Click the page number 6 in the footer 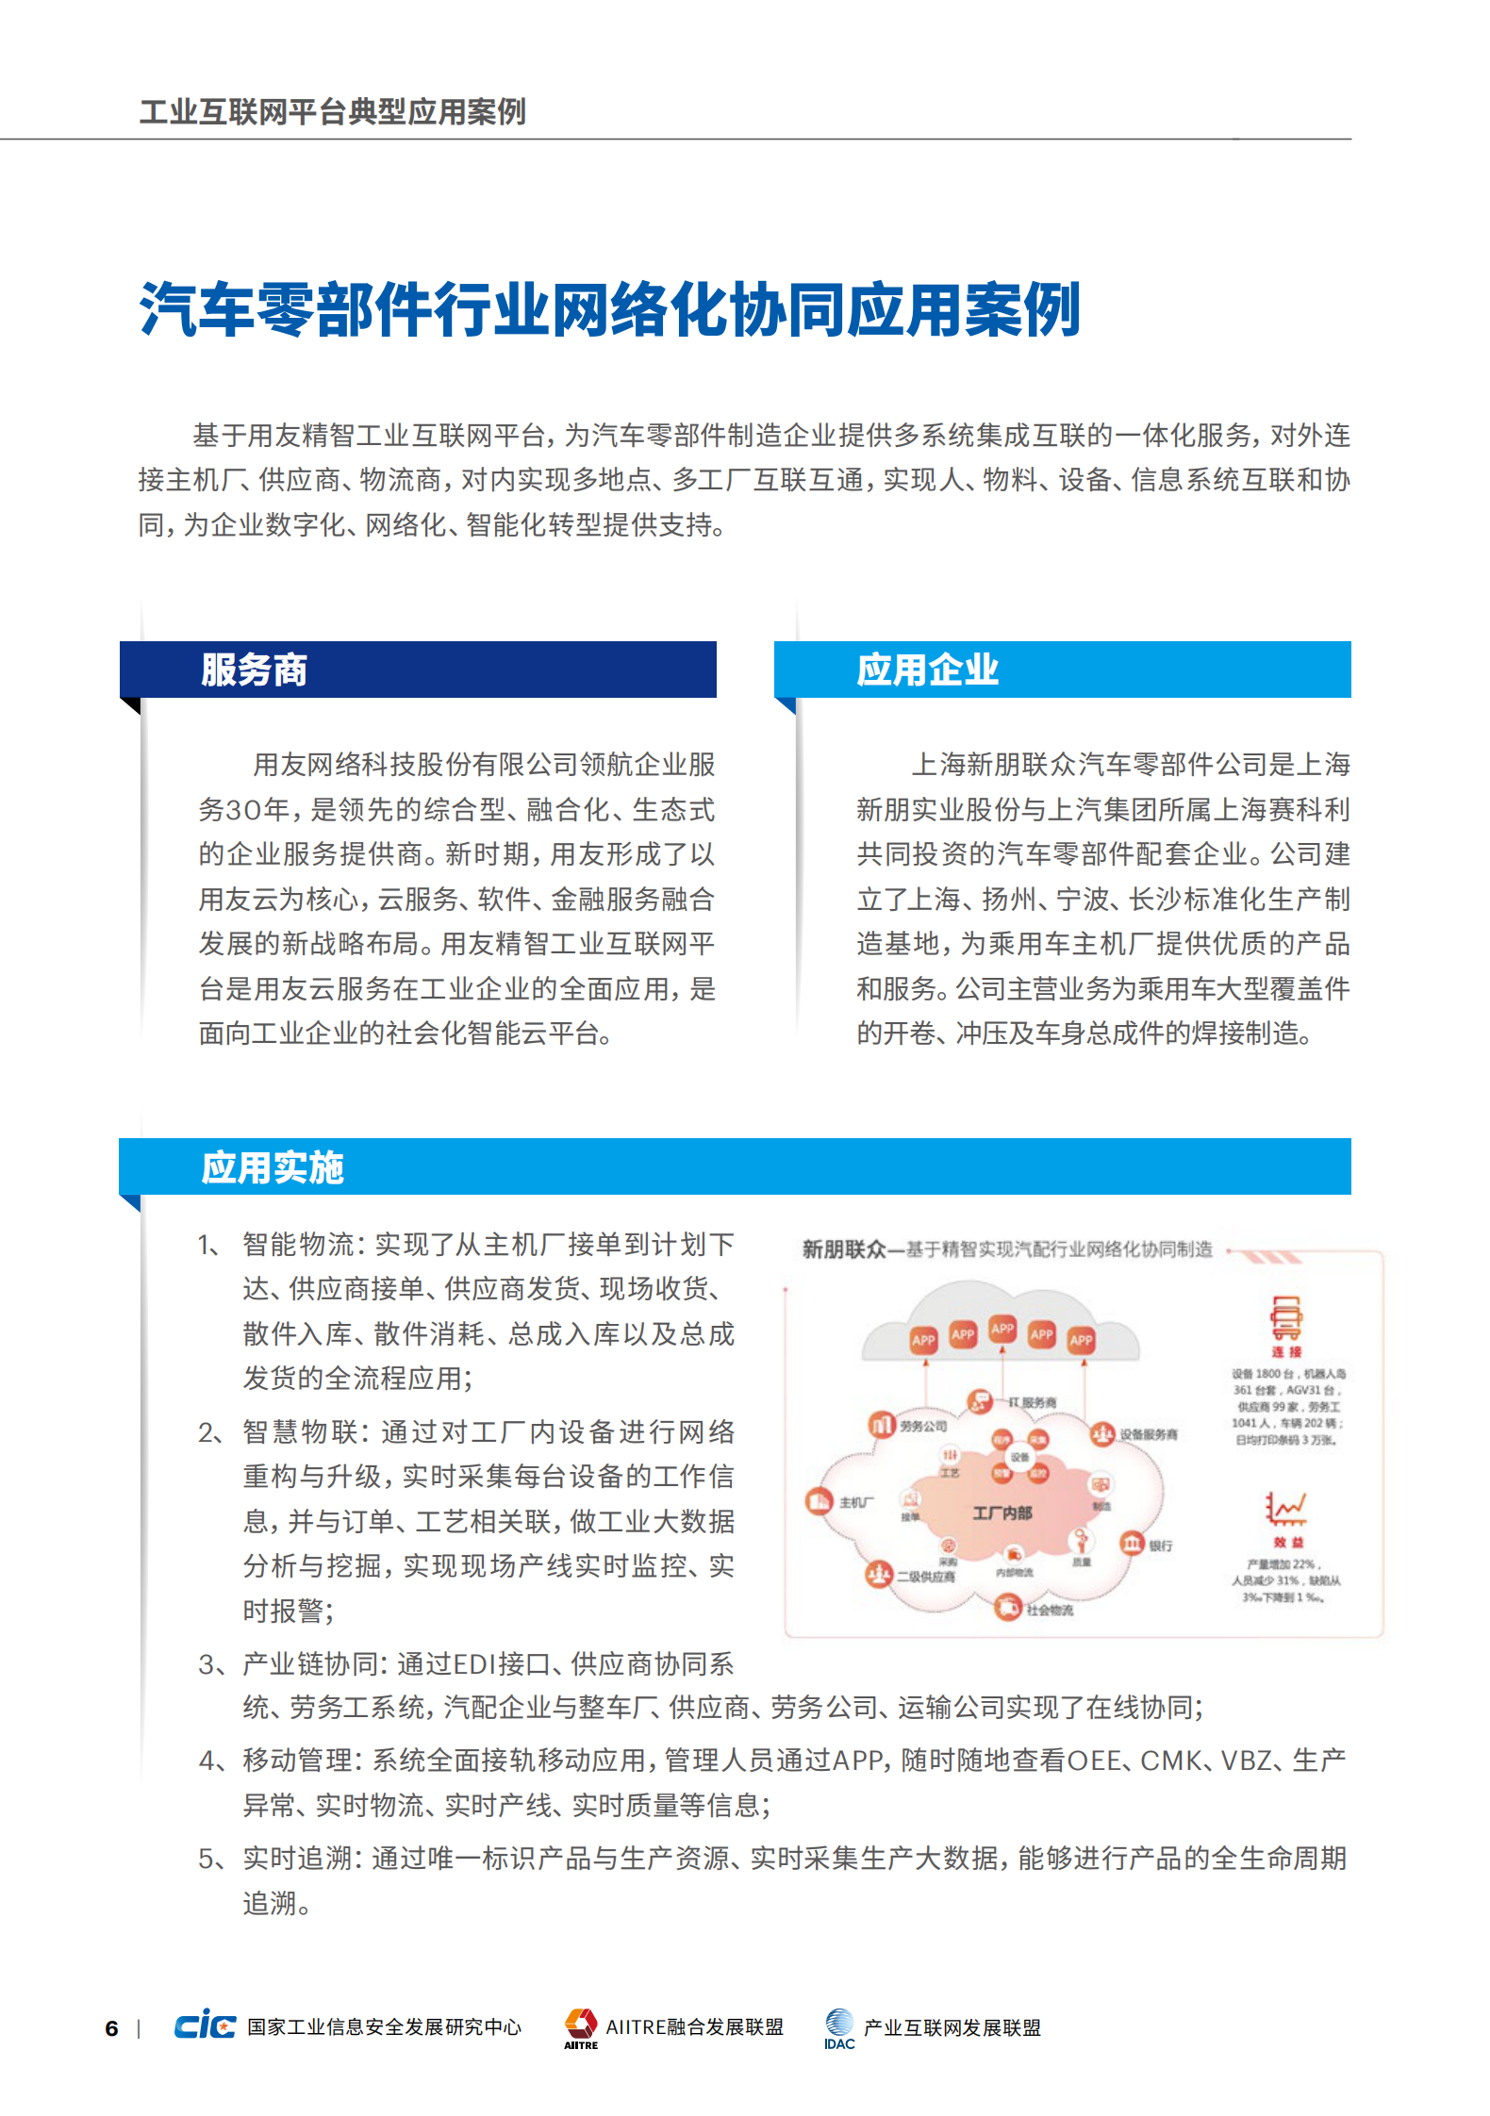point(111,2028)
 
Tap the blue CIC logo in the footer point(205,2025)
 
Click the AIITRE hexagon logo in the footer point(581,2023)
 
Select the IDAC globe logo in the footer point(838,2023)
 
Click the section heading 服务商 point(254,670)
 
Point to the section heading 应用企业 point(927,670)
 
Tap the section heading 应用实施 point(273,1167)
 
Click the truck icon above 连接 point(1285,1317)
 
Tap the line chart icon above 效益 point(1285,1509)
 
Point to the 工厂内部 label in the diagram point(1002,1513)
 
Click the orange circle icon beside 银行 point(1132,1544)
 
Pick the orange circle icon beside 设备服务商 point(1101,1433)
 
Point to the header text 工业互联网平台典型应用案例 point(333,112)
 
